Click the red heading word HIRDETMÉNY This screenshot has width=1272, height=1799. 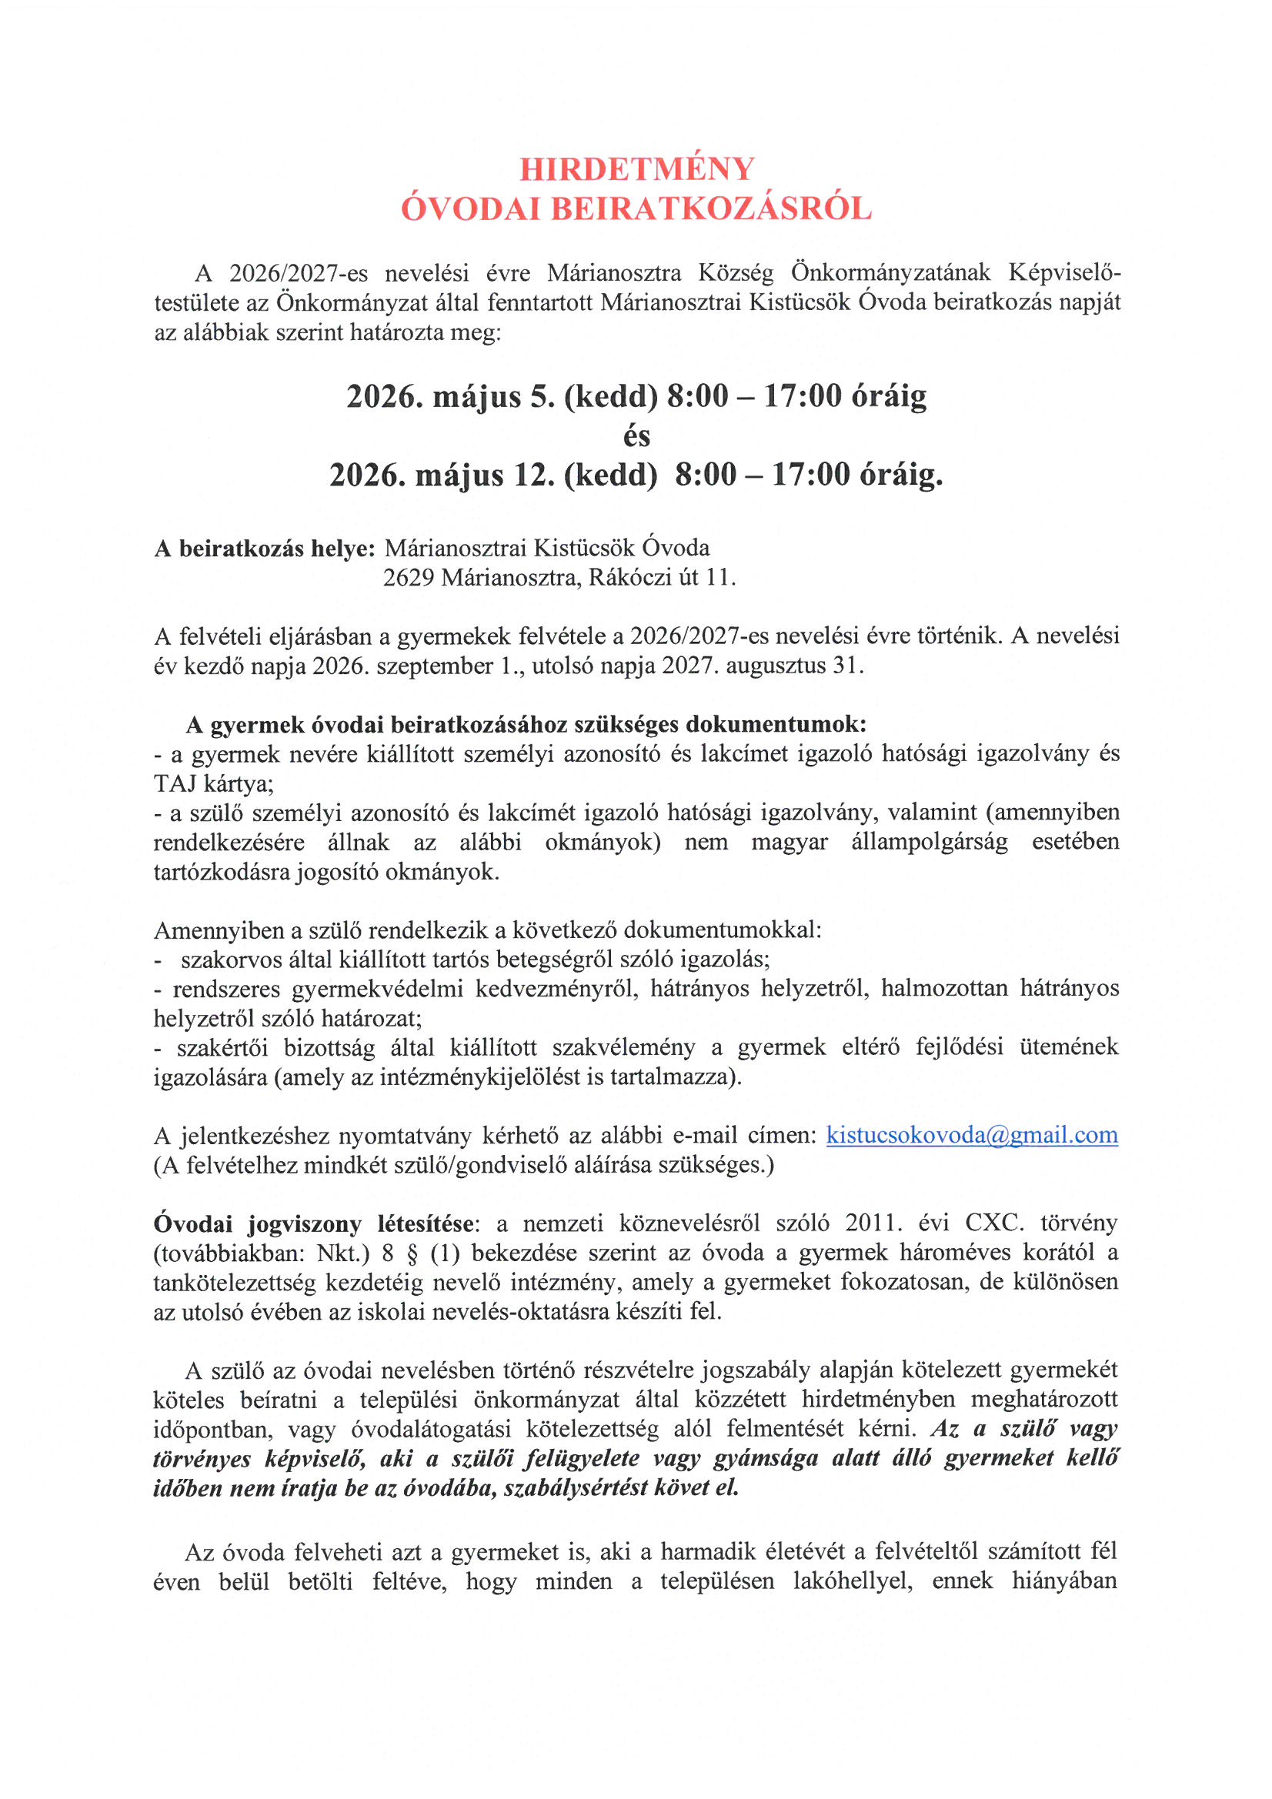(x=636, y=169)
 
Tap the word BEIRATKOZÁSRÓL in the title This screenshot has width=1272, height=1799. (x=711, y=209)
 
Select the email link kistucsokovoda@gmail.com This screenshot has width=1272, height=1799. (x=972, y=1136)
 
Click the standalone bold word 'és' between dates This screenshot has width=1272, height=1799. (x=636, y=436)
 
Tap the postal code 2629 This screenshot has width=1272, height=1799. (x=409, y=577)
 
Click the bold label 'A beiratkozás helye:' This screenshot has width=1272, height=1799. (x=265, y=548)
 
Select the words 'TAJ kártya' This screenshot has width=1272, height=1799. (x=212, y=783)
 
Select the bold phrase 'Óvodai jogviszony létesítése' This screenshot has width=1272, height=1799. (x=313, y=1223)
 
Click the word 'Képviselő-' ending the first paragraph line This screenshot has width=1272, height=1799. (x=1064, y=272)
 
